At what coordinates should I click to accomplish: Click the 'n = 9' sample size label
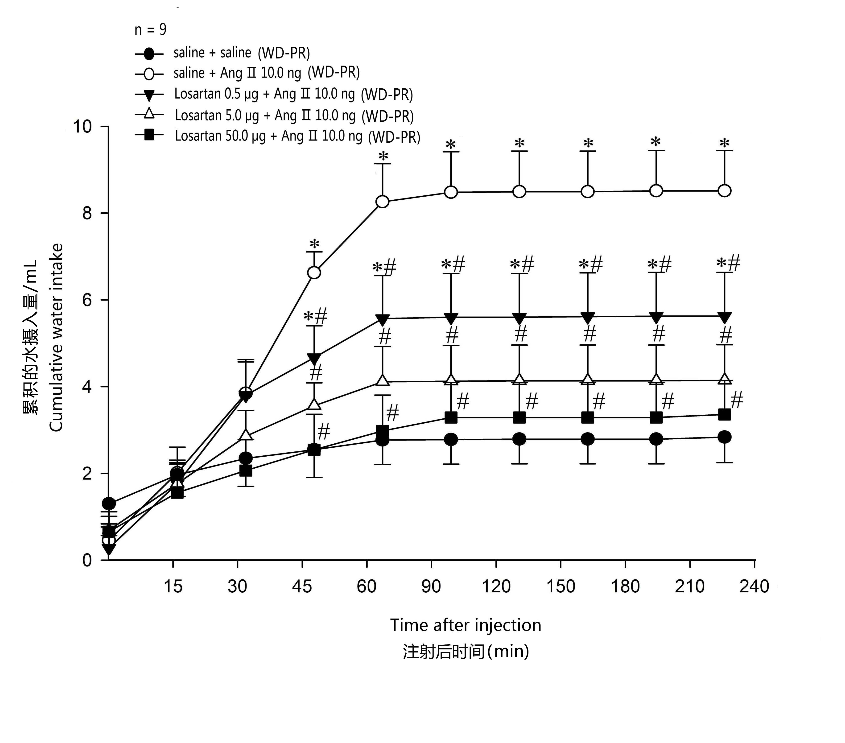point(150,30)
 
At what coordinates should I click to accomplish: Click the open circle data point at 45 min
point(314,273)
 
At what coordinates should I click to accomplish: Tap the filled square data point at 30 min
point(246,471)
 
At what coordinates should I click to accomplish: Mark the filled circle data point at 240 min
point(724,437)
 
